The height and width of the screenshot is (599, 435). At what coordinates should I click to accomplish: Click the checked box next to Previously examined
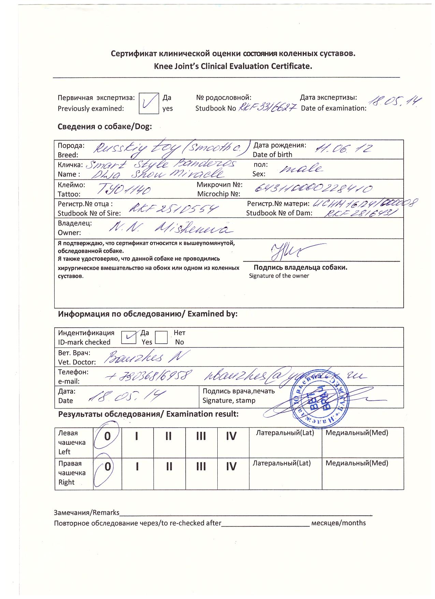pyautogui.click(x=149, y=103)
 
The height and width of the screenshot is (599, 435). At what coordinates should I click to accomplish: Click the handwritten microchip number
pyautogui.click(x=314, y=189)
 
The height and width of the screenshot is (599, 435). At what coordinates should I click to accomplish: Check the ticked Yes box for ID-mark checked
pyautogui.click(x=128, y=337)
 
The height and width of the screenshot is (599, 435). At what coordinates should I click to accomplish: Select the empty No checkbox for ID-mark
pyautogui.click(x=161, y=337)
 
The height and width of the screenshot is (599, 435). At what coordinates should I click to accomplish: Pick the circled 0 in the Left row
pyautogui.click(x=107, y=436)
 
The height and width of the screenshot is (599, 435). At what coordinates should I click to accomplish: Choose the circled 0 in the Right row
pyautogui.click(x=107, y=467)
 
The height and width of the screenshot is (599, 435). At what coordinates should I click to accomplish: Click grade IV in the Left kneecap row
pyautogui.click(x=231, y=437)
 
